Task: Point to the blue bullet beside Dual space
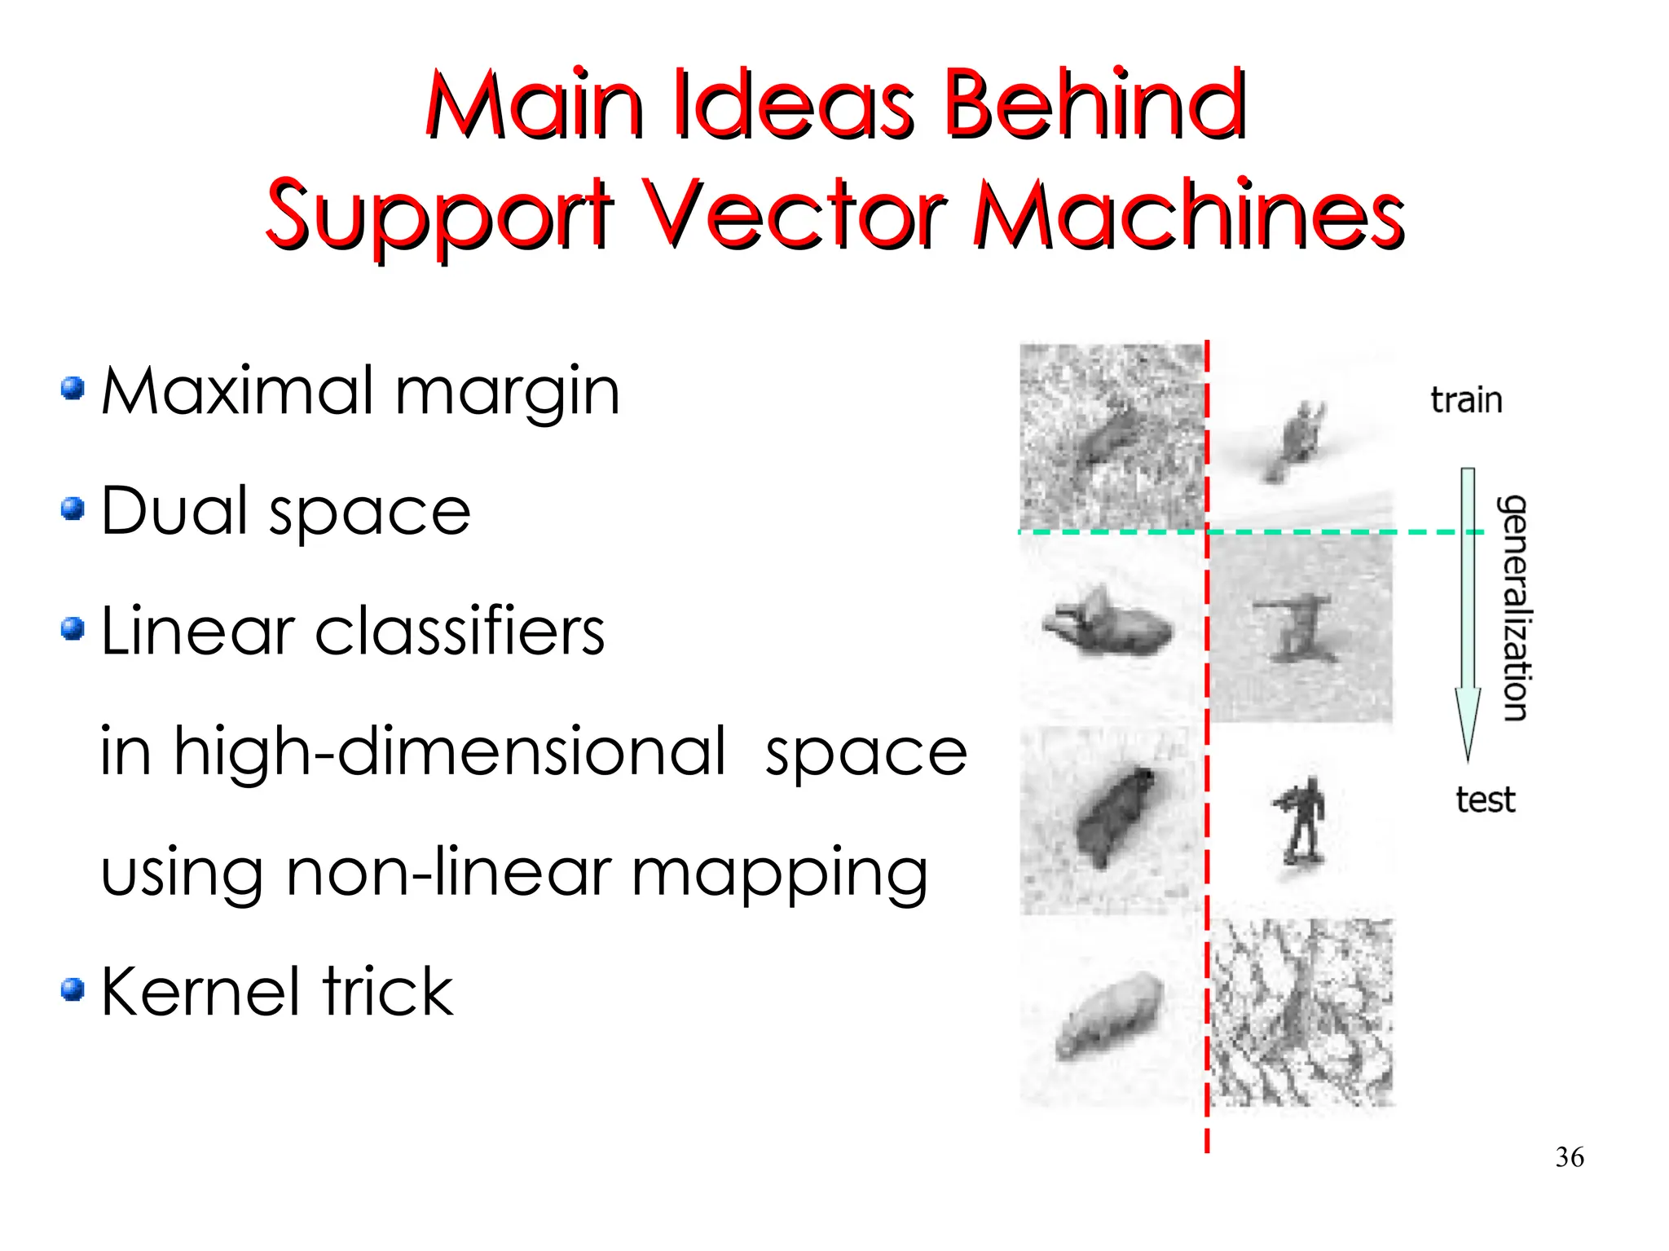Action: pyautogui.click(x=73, y=509)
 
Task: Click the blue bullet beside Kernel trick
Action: pyautogui.click(x=73, y=989)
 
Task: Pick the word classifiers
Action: pyautogui.click(x=460, y=632)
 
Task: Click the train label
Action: pyautogui.click(x=1466, y=400)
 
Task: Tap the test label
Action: pyautogui.click(x=1485, y=799)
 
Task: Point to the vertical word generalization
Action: pyautogui.click(x=1515, y=607)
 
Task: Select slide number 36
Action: pyautogui.click(x=1570, y=1156)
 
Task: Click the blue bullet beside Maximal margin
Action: pyautogui.click(x=73, y=388)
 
